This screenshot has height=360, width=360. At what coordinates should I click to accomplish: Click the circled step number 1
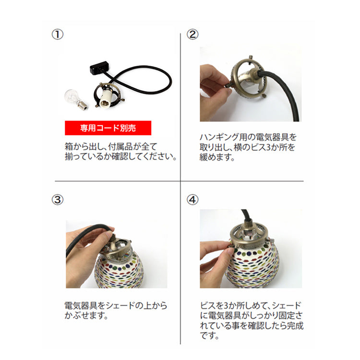pyautogui.click(x=57, y=35)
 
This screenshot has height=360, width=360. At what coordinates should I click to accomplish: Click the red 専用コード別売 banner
pyautogui.click(x=108, y=128)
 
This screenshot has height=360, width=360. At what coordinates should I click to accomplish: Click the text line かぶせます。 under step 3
pyautogui.click(x=85, y=316)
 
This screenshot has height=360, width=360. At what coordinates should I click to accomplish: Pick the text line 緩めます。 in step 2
pyautogui.click(x=217, y=157)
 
